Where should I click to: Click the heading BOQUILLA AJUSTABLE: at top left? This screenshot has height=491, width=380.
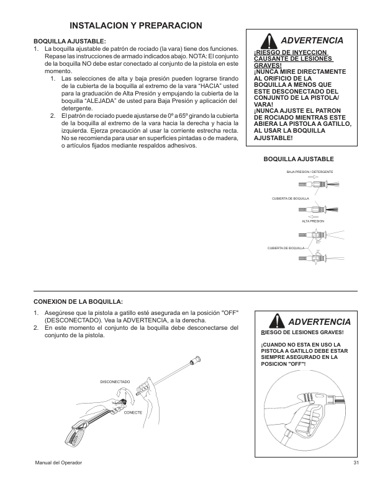click(70, 42)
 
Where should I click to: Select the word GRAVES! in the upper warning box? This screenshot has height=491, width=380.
click(268, 65)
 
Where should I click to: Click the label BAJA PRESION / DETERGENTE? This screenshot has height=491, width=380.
click(310, 171)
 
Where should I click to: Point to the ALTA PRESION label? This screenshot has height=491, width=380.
click(312, 221)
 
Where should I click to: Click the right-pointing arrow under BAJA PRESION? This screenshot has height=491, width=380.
click(312, 177)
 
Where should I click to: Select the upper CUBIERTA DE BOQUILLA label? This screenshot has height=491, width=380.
click(291, 198)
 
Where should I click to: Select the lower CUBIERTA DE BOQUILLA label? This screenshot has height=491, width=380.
click(286, 247)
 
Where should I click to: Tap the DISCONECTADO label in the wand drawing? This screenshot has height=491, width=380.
click(115, 381)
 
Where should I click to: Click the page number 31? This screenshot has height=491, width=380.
click(356, 464)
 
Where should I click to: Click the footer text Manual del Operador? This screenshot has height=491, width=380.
click(58, 464)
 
